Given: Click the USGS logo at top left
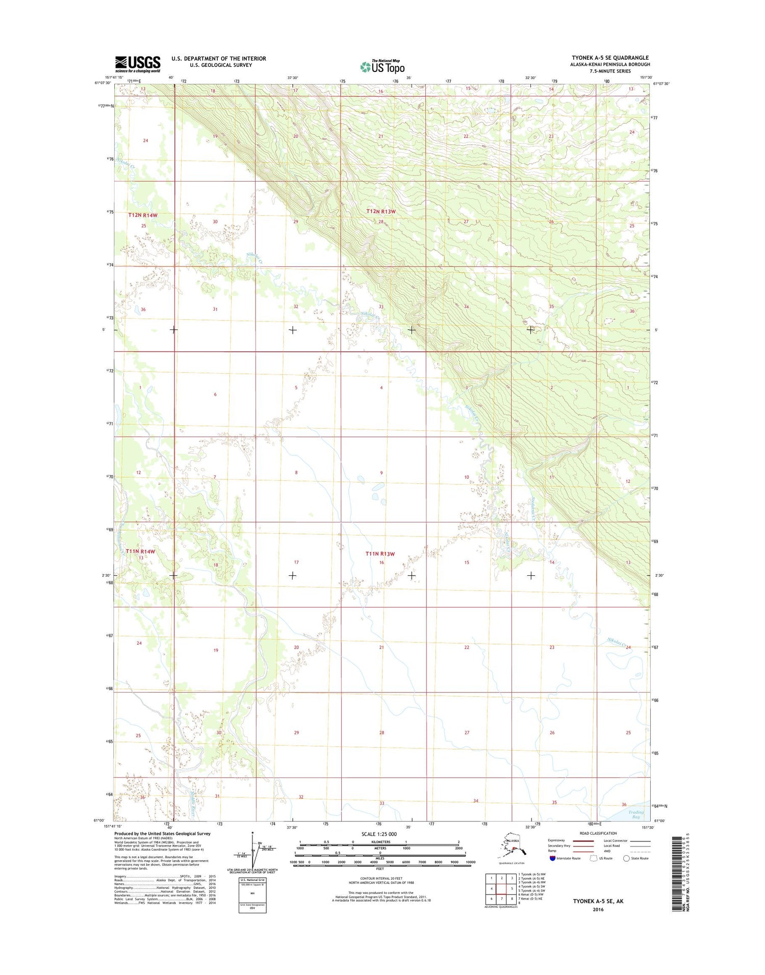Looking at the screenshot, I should coord(137,64).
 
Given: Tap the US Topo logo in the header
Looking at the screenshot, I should coord(382,66).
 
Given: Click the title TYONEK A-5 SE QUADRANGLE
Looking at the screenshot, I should coord(610,58).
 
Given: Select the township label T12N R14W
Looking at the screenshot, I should coord(143,215).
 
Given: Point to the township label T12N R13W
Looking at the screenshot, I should coord(381,211).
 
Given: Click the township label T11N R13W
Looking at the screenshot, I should coord(380,554).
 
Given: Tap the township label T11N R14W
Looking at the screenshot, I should coord(140,551).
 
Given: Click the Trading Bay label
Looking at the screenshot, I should coord(636,814).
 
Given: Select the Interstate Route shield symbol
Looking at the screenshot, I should coord(553,858).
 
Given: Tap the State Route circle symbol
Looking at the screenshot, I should coord(626,858).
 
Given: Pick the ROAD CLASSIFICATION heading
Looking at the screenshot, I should coord(598,833).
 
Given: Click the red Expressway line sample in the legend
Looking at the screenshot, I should coord(583,840).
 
